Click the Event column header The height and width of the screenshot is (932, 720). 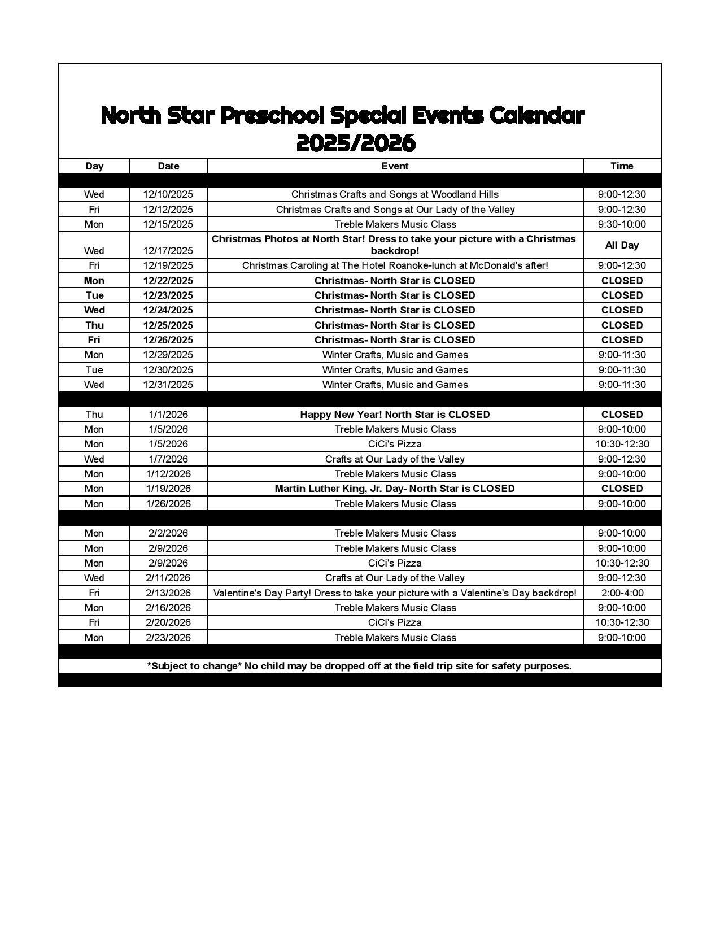(395, 166)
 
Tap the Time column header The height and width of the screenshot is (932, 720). (622, 166)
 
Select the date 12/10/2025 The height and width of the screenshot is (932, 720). (168, 194)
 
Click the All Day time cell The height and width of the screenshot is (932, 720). (622, 245)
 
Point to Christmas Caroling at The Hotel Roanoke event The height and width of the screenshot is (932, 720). (395, 265)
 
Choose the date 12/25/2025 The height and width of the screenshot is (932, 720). (168, 325)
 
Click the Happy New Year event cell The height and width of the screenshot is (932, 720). (395, 415)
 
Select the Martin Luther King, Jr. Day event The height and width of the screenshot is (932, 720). (395, 489)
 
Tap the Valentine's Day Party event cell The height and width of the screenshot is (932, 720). (395, 593)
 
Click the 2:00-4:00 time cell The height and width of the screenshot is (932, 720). (622, 593)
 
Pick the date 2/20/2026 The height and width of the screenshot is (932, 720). (168, 622)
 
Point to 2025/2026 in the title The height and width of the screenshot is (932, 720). (356, 143)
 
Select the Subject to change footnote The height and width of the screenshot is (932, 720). (360, 666)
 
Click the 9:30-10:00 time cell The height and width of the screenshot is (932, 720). (622, 224)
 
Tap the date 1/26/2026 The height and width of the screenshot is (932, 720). (168, 504)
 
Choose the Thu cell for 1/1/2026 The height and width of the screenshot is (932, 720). (94, 415)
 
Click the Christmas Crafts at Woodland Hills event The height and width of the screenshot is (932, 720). (395, 194)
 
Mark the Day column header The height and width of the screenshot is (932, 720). (94, 166)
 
